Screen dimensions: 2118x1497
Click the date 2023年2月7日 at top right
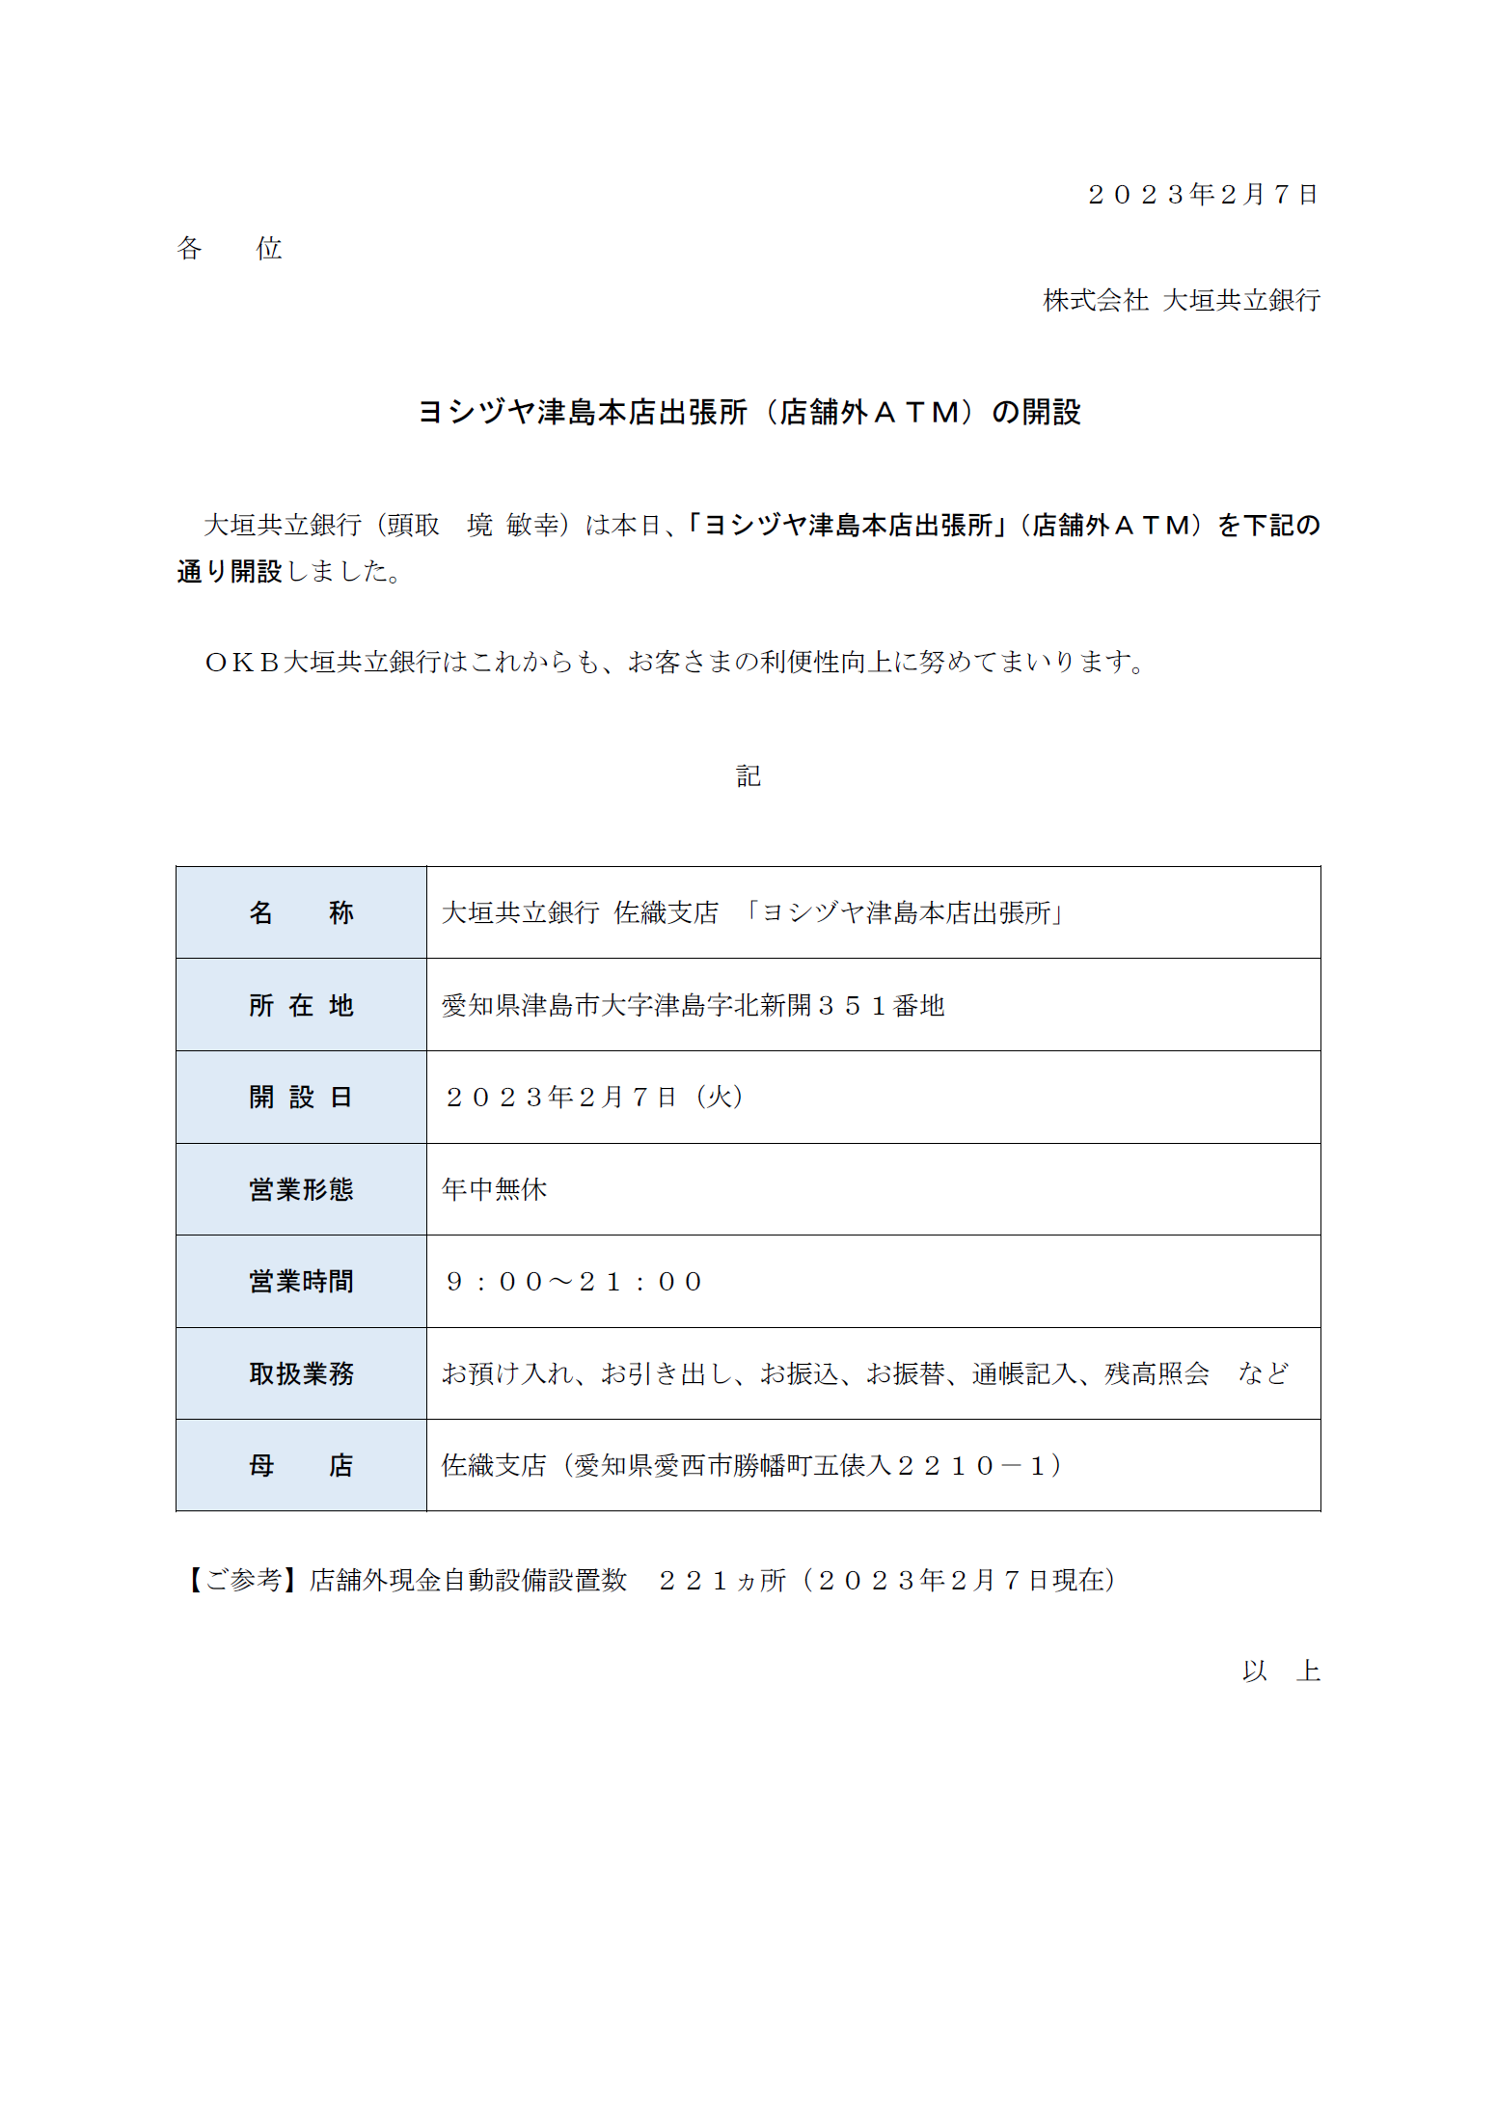pyautogui.click(x=1202, y=195)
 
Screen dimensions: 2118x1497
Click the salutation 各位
pyautogui.click(x=229, y=249)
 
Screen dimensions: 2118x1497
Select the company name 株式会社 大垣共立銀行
pyautogui.click(x=1181, y=301)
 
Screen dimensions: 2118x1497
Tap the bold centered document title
pyautogui.click(x=748, y=413)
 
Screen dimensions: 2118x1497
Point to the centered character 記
pyautogui.click(x=748, y=776)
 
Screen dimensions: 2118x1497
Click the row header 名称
pyautogui.click(x=301, y=912)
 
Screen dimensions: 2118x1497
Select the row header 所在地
pyautogui.click(x=301, y=1005)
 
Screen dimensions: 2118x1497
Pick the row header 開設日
pyautogui.click(x=301, y=1098)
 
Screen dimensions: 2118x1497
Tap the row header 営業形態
pyautogui.click(x=301, y=1189)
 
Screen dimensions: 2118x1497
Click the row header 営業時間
pyautogui.click(x=301, y=1282)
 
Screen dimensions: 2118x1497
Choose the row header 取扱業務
pyautogui.click(x=301, y=1373)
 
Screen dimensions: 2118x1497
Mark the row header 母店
pyautogui.click(x=301, y=1466)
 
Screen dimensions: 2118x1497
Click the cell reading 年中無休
pyautogui.click(x=494, y=1189)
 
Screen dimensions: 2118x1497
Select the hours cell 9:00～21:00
pyautogui.click(x=574, y=1282)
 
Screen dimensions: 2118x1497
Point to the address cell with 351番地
pyautogui.click(x=693, y=1005)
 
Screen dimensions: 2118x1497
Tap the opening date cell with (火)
pyautogui.click(x=593, y=1098)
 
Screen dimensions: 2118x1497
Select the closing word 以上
pyautogui.click(x=1281, y=1671)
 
